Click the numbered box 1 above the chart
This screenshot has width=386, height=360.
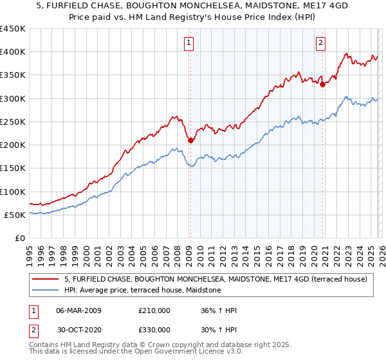pos(190,43)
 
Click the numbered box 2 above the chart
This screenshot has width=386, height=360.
pos(320,43)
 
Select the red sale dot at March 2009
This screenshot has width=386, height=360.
pos(190,140)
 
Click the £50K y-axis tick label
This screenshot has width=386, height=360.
pos(15,215)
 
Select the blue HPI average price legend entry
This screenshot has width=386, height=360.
pos(142,291)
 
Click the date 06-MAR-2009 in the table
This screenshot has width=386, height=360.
pos(78,310)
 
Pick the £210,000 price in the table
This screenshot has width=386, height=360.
pos(154,310)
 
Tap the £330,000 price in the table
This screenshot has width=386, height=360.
pos(154,330)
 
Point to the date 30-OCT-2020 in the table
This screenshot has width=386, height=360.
pos(78,330)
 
